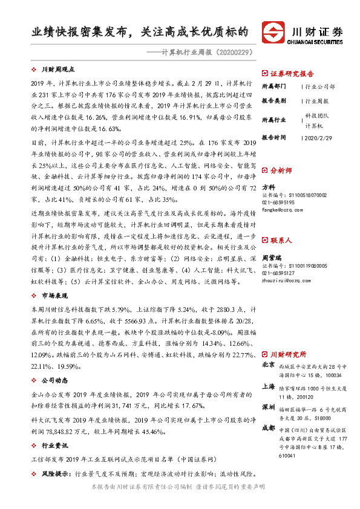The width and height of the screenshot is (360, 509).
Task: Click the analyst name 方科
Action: click(269, 187)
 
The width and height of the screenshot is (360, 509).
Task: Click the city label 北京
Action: click(268, 365)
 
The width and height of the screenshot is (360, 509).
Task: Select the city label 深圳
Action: click(268, 406)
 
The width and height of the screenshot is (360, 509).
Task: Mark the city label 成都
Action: click(268, 427)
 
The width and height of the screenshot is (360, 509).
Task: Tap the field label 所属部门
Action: click(275, 87)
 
